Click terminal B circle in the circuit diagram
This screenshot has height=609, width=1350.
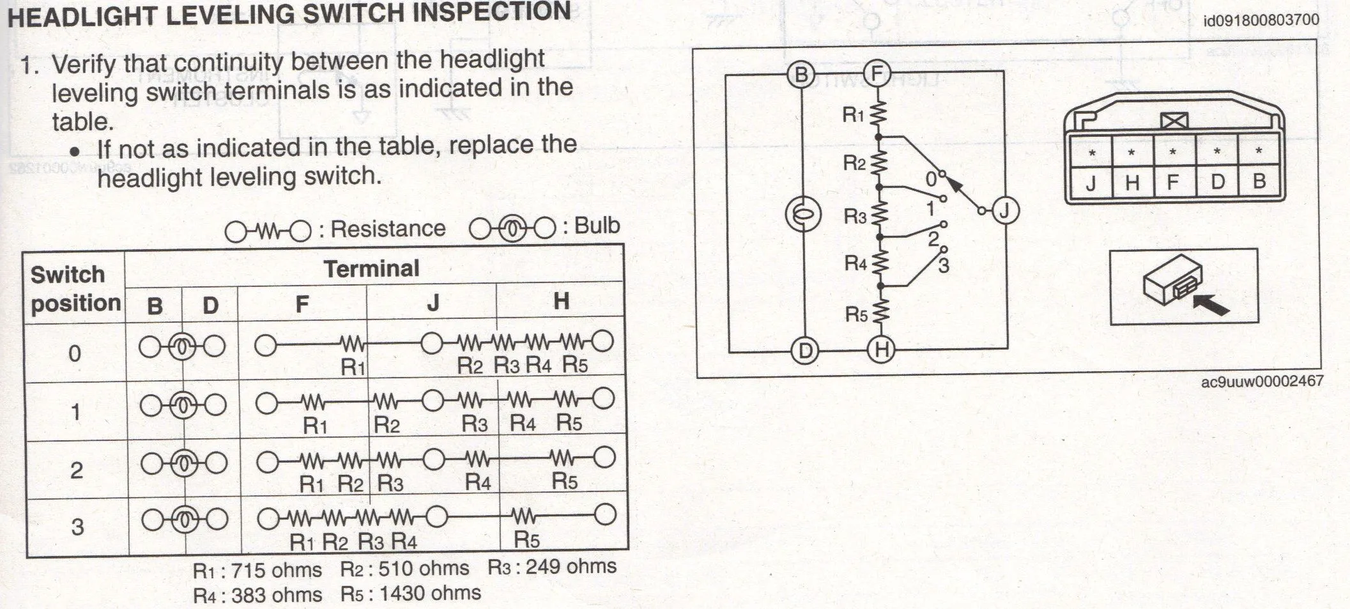click(x=801, y=75)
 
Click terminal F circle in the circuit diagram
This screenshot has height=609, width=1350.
click(x=877, y=74)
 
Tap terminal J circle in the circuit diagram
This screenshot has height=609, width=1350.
click(x=1004, y=210)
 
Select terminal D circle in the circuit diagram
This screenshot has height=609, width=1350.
click(x=805, y=351)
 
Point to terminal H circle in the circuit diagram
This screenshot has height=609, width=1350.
click(x=882, y=350)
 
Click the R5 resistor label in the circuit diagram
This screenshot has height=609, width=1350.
click(x=856, y=314)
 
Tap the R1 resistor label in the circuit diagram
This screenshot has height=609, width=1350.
click(x=853, y=115)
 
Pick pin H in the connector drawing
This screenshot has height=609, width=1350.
click(x=1132, y=183)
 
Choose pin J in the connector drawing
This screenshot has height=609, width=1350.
click(x=1091, y=183)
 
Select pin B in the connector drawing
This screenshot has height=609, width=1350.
click(x=1259, y=181)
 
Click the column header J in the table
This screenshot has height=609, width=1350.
click(x=433, y=302)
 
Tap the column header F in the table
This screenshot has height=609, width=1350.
click(x=302, y=304)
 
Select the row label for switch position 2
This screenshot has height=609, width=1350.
click(x=76, y=470)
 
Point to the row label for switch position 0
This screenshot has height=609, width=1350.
click(x=75, y=353)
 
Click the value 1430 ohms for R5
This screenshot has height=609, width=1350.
click(x=430, y=593)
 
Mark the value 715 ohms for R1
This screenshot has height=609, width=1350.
click(x=277, y=570)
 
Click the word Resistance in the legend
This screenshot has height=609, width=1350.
click(x=388, y=229)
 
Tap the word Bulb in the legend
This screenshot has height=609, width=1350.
click(x=597, y=226)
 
